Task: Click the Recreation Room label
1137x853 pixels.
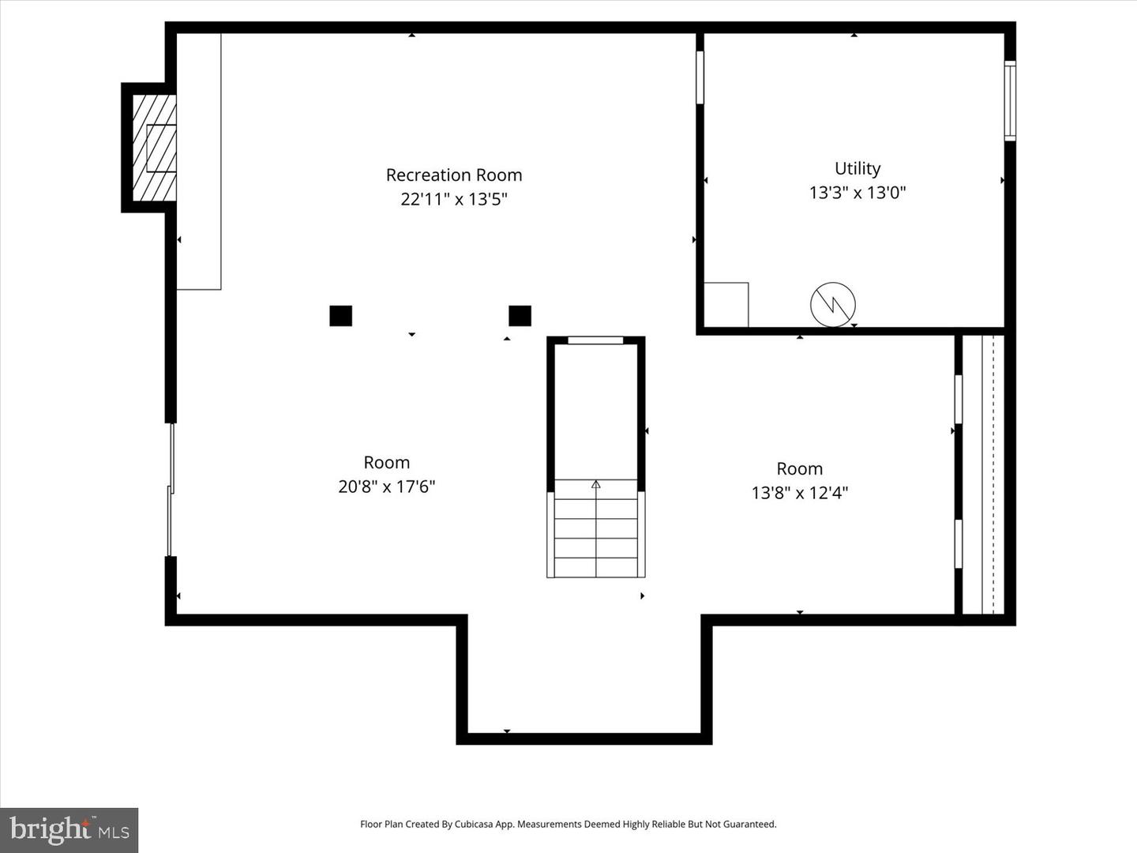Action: point(454,175)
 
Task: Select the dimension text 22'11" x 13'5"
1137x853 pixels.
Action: point(453,199)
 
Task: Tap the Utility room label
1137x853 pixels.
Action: point(857,168)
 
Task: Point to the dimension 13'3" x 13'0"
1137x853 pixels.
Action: point(857,192)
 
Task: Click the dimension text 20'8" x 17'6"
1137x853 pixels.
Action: point(387,487)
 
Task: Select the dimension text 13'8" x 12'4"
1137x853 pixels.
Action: point(800,493)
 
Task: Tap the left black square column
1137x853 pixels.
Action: point(340,316)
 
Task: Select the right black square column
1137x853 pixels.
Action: point(520,316)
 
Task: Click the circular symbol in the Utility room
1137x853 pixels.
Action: point(833,304)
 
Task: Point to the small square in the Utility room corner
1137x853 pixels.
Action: point(726,304)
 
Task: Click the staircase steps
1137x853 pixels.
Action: point(596,529)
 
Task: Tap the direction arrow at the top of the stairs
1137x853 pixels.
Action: point(596,484)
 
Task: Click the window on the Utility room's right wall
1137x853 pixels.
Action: point(1010,101)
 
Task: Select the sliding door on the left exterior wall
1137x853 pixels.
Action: point(171,490)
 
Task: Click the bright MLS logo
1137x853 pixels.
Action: point(69,830)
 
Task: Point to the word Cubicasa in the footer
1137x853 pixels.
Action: point(473,824)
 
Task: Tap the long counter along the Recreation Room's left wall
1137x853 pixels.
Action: point(198,162)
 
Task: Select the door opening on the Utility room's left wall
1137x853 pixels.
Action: point(700,77)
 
